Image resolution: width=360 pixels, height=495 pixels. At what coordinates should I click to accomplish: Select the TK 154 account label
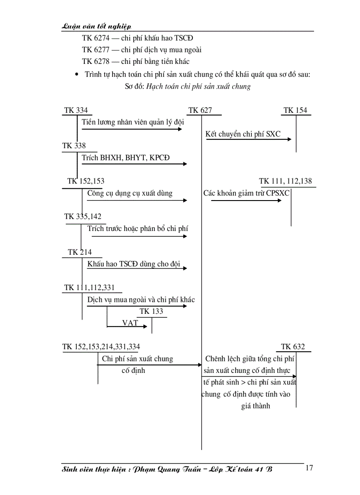[x=295, y=110]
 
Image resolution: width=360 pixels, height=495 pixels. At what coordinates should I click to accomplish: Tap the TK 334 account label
[x=75, y=110]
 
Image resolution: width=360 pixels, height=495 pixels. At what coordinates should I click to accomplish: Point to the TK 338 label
[x=74, y=145]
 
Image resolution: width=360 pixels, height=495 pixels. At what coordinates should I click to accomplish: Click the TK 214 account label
[x=80, y=252]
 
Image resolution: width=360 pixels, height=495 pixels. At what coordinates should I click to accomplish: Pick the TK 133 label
[x=151, y=312]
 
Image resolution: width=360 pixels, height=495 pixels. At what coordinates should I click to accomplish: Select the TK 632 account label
[x=293, y=347]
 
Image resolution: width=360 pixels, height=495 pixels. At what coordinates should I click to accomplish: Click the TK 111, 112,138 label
[x=285, y=181]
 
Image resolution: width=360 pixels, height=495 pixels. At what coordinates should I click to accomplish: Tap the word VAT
[x=130, y=323]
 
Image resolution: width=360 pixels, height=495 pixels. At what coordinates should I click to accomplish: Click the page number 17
[x=309, y=468]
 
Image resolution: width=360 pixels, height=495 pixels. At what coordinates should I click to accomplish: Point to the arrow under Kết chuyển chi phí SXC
[x=248, y=139]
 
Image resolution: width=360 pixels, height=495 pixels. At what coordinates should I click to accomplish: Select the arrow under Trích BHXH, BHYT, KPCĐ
[x=134, y=164]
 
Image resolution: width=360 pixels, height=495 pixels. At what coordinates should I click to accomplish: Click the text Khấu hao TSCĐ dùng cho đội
[x=134, y=264]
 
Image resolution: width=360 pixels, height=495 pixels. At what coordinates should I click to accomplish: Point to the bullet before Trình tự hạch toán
[x=78, y=75]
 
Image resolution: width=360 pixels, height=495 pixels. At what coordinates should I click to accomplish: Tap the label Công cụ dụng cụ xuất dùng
[x=130, y=193]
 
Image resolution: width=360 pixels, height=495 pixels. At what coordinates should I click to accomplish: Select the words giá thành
[x=255, y=406]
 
